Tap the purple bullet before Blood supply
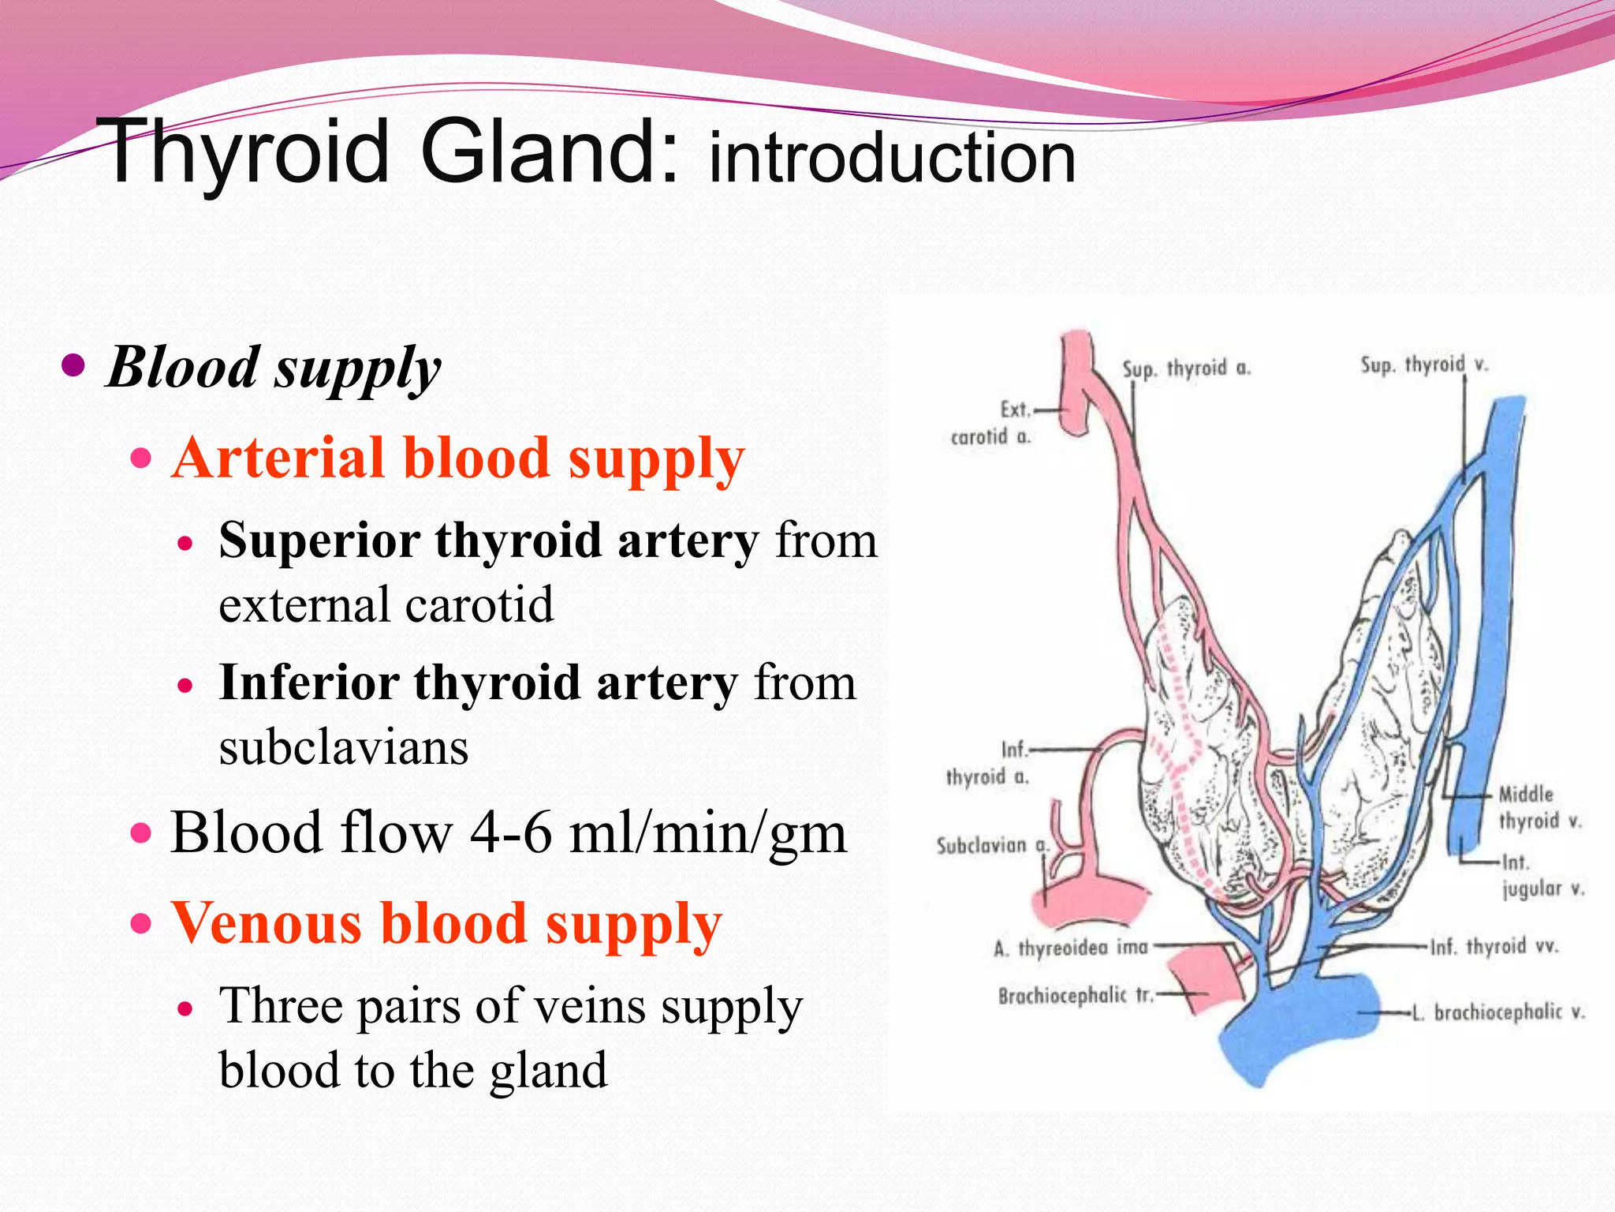pos(73,365)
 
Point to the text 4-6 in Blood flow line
pos(510,833)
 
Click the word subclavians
pos(344,746)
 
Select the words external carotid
pos(386,604)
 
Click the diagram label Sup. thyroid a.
pos(1186,368)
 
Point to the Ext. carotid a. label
pos(992,423)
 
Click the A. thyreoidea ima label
pos(1070,947)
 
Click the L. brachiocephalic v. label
pos(1498,1012)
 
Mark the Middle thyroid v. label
pos(1539,807)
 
